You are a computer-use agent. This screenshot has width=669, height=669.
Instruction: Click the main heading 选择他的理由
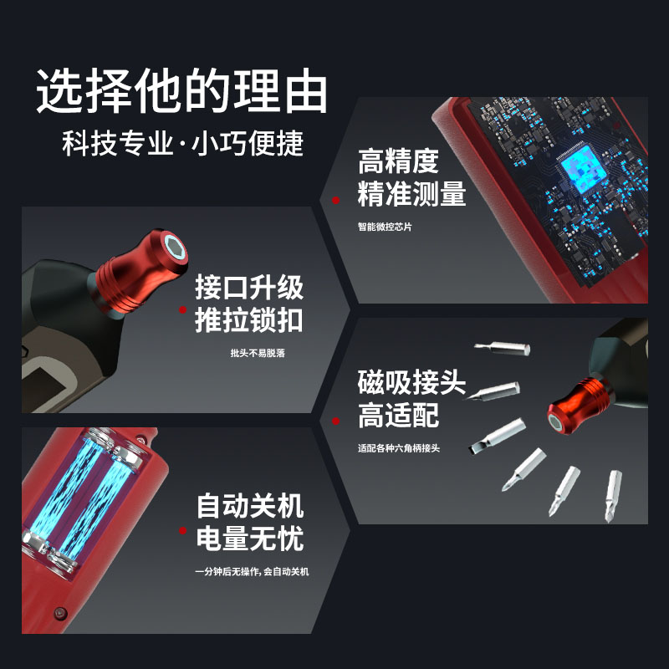point(181,90)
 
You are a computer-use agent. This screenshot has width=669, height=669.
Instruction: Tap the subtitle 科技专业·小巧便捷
point(182,143)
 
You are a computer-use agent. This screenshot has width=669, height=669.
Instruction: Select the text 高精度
point(398,161)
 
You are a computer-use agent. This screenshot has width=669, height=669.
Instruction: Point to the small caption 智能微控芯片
point(385,227)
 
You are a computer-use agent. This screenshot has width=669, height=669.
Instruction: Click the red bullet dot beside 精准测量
point(336,200)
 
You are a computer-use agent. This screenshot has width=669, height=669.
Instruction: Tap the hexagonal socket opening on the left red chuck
point(175,248)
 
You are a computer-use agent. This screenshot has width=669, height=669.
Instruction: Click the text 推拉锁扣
point(249,320)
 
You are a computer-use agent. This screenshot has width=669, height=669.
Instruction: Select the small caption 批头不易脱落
point(258,353)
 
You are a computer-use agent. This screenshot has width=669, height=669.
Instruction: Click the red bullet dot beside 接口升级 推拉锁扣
point(182,309)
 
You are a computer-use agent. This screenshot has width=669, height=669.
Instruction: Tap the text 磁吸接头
point(411,382)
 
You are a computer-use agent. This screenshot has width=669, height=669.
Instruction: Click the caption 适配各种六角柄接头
point(399,448)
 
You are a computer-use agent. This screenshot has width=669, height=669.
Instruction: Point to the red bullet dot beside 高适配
point(336,421)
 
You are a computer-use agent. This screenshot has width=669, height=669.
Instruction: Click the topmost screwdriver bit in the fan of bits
point(503,348)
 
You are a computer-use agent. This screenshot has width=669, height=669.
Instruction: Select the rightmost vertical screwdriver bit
point(613,496)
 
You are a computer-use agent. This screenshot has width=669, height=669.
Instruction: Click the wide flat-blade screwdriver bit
point(496,436)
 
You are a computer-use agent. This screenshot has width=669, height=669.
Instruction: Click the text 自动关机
point(250,506)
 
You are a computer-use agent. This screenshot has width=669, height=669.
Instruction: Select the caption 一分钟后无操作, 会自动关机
point(252,571)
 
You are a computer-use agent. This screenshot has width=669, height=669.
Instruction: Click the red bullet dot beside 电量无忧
point(182,530)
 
